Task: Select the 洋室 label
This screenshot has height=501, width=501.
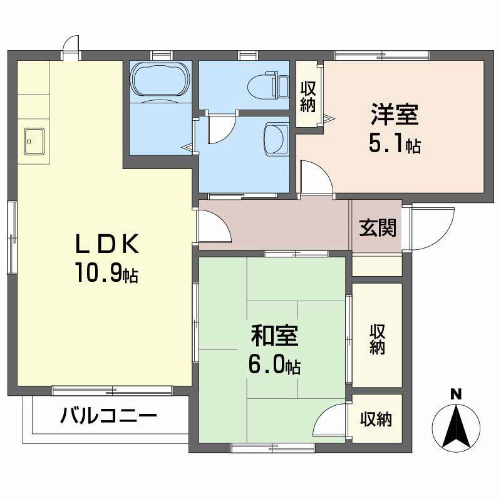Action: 394,116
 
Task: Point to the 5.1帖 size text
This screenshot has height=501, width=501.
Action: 394,145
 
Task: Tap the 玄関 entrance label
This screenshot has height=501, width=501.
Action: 378,227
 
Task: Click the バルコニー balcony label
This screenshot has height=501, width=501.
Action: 108,415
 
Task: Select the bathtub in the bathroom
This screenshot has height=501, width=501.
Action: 160,80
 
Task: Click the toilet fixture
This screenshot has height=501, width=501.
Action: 266,84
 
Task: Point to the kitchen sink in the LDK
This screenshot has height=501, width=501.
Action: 34,140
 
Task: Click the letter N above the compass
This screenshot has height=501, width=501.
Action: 457,394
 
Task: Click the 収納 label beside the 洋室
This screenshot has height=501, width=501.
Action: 307,97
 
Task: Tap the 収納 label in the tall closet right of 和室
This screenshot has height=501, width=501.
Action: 377,339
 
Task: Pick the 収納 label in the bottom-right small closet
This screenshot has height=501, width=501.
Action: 376,420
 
